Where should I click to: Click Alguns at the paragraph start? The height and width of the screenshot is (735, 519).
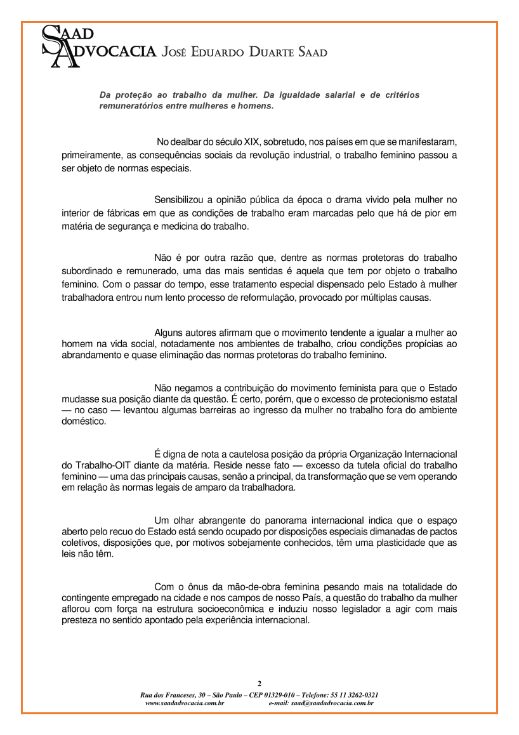169,332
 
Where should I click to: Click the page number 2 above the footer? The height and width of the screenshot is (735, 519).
259,683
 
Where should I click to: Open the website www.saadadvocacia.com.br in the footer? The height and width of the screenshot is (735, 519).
185,703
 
